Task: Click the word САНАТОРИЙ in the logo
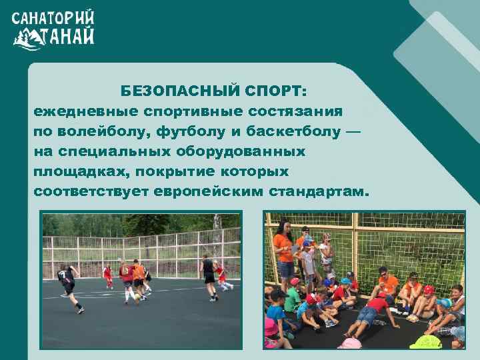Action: tap(53, 17)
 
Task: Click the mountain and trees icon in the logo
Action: tap(27, 39)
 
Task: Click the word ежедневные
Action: tap(85, 111)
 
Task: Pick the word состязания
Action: tap(295, 111)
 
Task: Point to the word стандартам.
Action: tap(318, 192)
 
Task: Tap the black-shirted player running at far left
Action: tap(68, 284)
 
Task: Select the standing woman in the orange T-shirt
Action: tap(285, 250)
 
